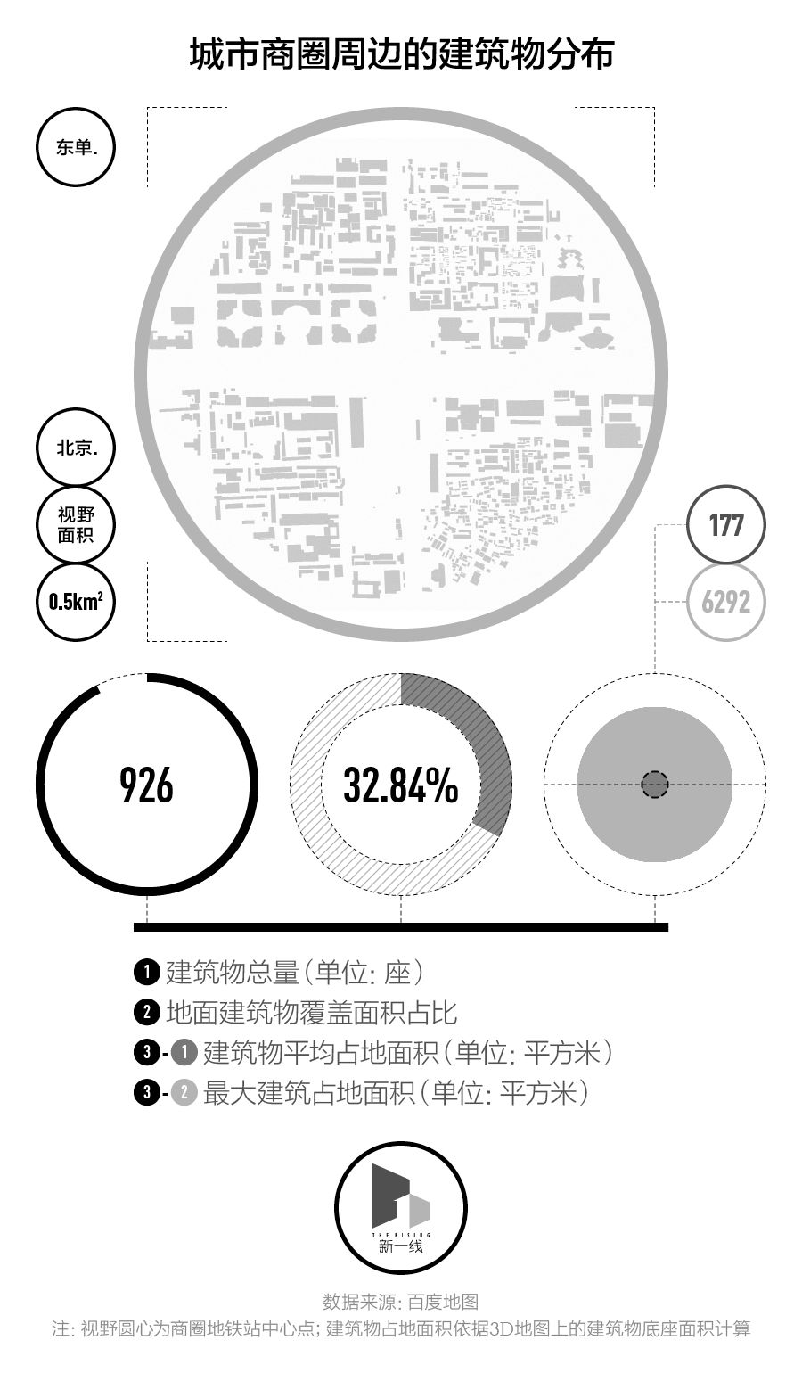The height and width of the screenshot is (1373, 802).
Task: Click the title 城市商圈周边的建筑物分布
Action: (401, 54)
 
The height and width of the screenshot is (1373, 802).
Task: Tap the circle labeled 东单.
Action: (77, 147)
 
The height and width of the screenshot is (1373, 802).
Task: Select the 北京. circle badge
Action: (77, 448)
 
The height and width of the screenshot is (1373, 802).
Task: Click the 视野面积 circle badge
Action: (77, 524)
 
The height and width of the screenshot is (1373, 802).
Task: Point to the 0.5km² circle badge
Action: (77, 602)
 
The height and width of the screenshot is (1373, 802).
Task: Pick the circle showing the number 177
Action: (726, 524)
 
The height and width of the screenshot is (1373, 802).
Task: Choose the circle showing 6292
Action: (726, 602)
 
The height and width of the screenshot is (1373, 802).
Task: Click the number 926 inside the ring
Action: (147, 785)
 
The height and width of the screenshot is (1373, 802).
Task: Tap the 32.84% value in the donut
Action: (401, 785)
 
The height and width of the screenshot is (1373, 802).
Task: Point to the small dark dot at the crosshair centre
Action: (655, 785)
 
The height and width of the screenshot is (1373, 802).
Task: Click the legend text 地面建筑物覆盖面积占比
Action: (312, 1013)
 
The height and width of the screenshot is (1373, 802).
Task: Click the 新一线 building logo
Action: (401, 1208)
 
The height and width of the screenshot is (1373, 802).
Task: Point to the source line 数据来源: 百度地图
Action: (401, 1302)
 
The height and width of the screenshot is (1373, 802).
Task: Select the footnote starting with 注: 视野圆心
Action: (401, 1329)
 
